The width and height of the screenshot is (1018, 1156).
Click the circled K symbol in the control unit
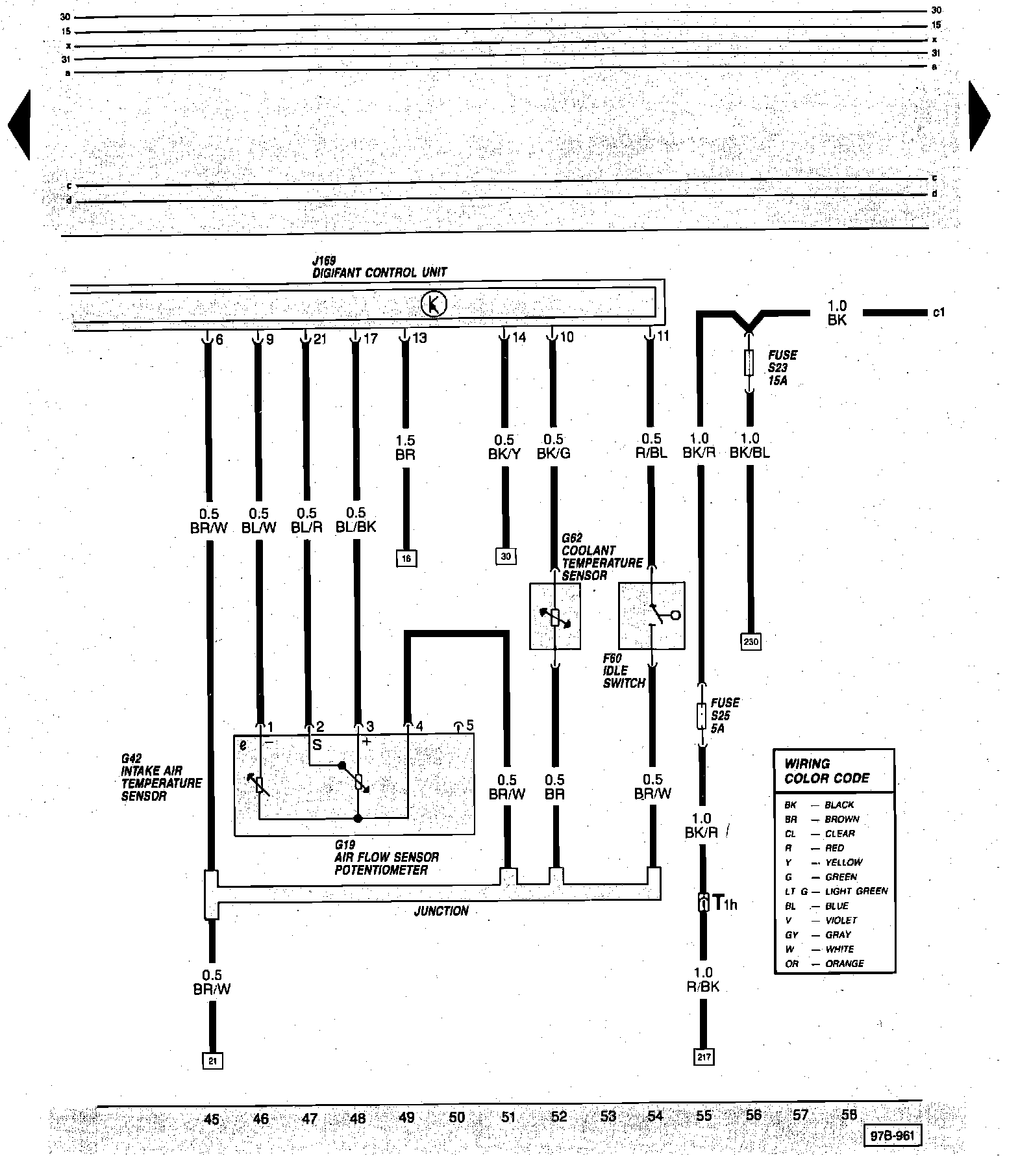click(434, 304)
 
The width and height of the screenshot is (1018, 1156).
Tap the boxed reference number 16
click(406, 558)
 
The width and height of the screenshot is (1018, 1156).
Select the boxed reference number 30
click(506, 556)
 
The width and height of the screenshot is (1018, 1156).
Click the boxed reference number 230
click(751, 642)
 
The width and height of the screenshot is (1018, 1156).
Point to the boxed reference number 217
click(704, 1057)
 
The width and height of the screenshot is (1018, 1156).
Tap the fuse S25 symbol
click(701, 715)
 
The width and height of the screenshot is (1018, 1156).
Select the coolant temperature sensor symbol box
click(555, 616)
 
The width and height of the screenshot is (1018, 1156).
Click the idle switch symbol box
click(652, 615)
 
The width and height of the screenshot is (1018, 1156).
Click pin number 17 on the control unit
click(370, 338)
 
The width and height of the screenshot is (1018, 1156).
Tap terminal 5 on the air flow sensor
click(469, 725)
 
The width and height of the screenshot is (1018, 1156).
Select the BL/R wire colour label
click(306, 527)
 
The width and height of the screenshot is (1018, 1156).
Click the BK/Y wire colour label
click(504, 454)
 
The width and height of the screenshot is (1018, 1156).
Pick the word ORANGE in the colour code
click(844, 964)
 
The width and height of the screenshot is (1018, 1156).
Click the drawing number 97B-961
click(892, 1135)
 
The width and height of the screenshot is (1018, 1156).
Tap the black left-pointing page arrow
click(19, 125)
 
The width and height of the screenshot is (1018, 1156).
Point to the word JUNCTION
click(441, 911)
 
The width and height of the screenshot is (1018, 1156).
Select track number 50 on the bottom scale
click(457, 1117)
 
